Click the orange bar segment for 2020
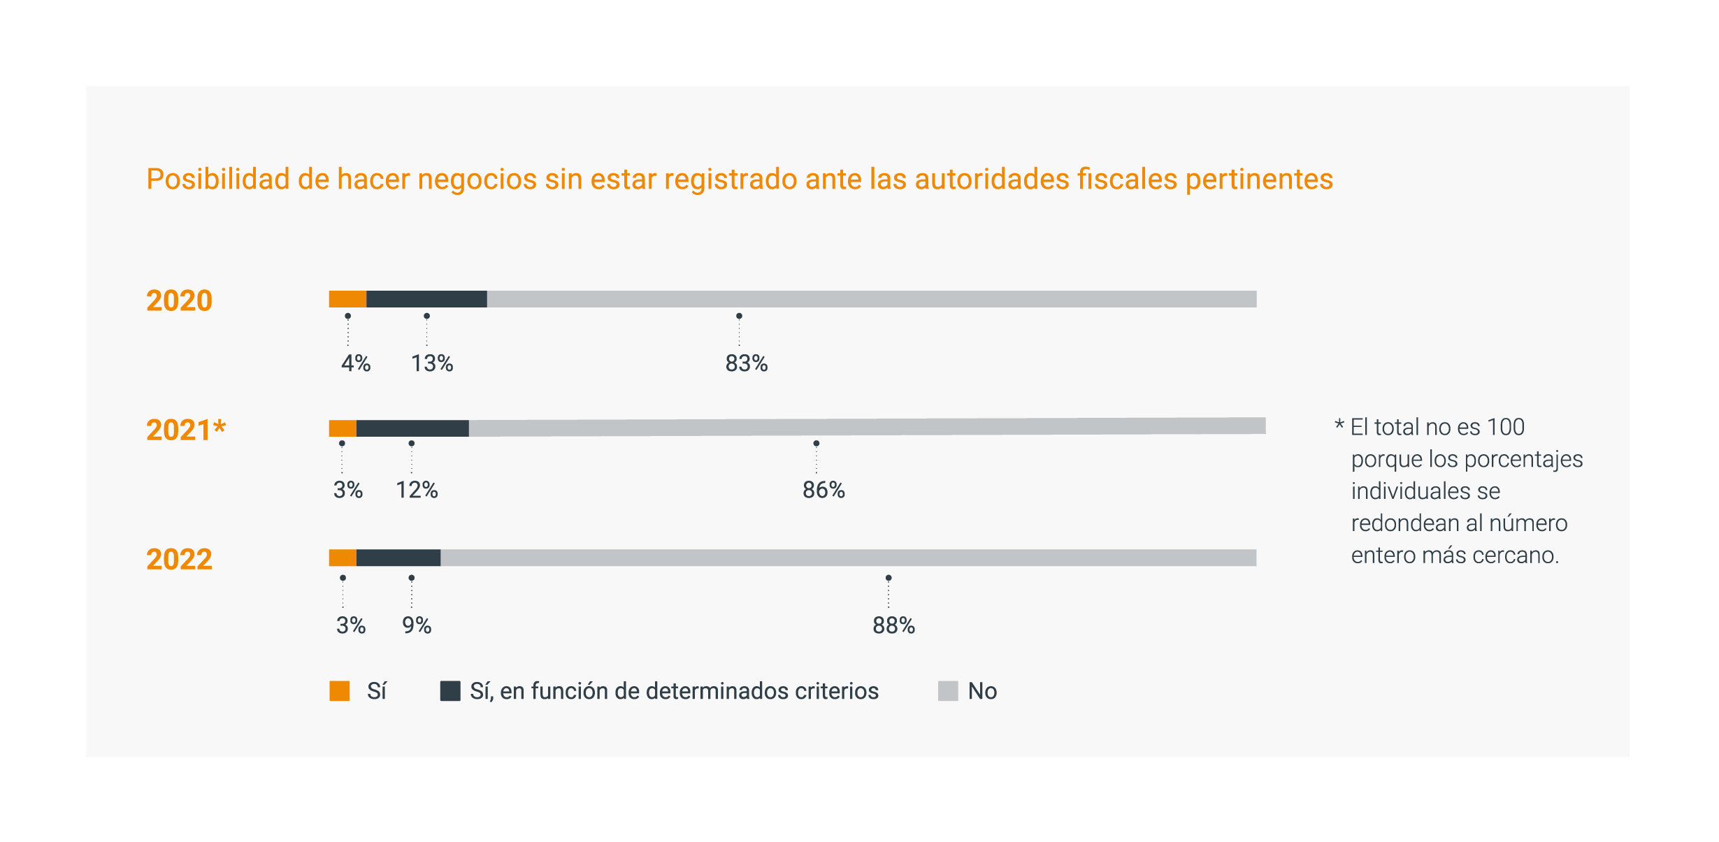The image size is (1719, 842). (347, 299)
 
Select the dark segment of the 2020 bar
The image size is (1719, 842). (426, 299)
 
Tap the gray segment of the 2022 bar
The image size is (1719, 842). (848, 558)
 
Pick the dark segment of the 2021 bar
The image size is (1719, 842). (412, 428)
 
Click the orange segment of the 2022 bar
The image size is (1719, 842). (343, 558)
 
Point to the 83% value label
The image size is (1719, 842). (746, 363)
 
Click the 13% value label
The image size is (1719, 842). (431, 363)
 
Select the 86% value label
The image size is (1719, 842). (823, 490)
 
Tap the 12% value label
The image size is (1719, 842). (417, 490)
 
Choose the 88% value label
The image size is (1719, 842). (893, 625)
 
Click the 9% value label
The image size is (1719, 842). (417, 625)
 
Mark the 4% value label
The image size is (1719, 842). (356, 363)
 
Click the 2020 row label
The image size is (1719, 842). (179, 300)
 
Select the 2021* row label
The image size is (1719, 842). (186, 430)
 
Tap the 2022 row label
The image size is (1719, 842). (179, 559)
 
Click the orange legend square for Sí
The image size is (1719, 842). (340, 691)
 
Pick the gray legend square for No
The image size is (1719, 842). (948, 691)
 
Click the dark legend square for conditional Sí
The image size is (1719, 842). (450, 691)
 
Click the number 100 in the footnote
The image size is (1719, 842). (1505, 427)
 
